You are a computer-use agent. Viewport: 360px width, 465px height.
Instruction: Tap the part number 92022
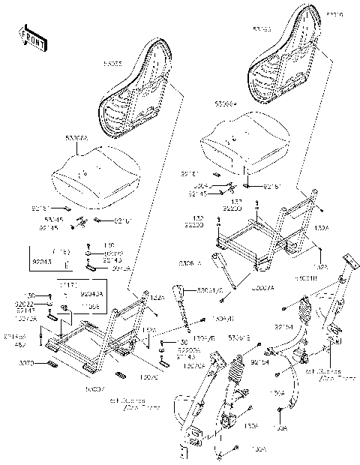[25, 304]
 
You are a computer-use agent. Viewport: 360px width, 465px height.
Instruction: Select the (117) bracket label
[69, 286]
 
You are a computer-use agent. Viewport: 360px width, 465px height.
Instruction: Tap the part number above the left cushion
[77, 139]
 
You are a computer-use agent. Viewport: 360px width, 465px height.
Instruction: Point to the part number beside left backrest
[114, 64]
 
